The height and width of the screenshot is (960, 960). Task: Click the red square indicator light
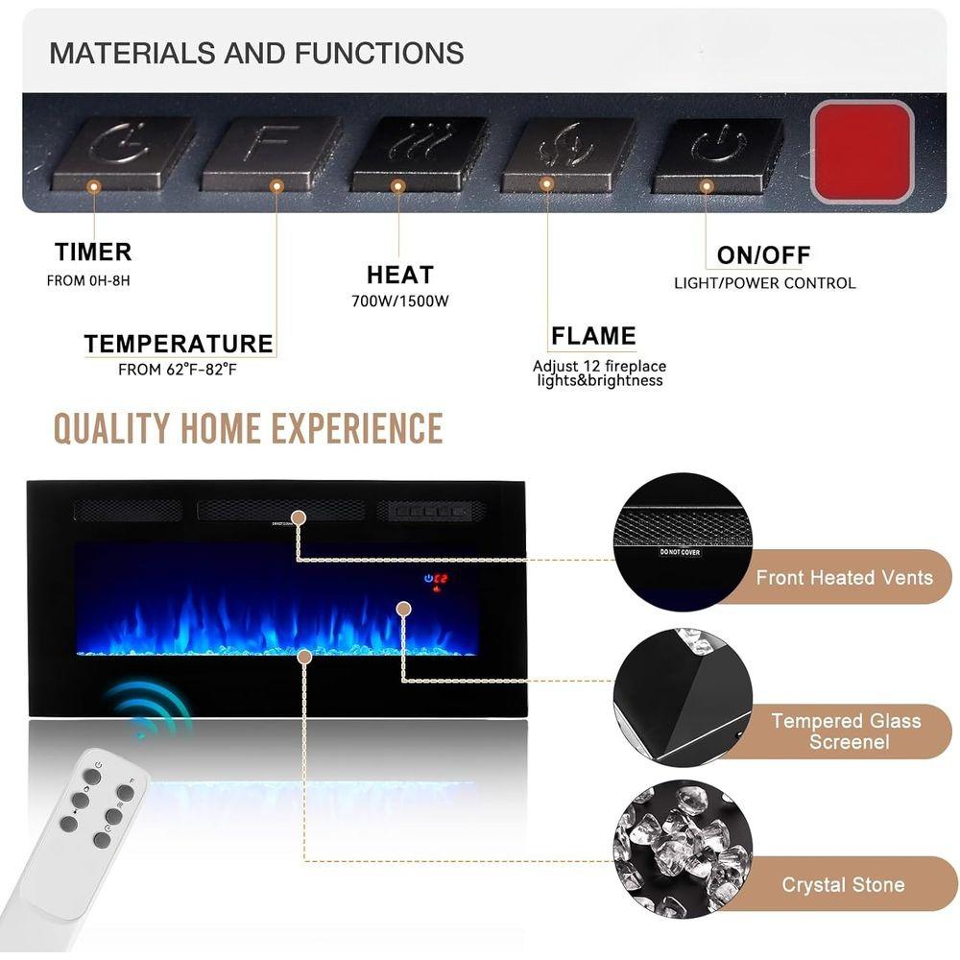point(861,152)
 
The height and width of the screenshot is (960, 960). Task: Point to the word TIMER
point(93,252)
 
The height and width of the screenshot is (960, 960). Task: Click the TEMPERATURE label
point(179,344)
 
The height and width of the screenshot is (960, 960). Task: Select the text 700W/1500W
point(399,300)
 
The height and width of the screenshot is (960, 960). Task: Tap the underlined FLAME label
point(593,336)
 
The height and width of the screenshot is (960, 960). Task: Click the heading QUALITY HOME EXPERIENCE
point(248,428)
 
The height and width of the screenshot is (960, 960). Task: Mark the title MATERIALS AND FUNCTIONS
point(256,53)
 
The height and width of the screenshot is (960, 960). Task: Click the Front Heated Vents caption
point(844,578)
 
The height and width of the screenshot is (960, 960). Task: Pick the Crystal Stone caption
point(843,885)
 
